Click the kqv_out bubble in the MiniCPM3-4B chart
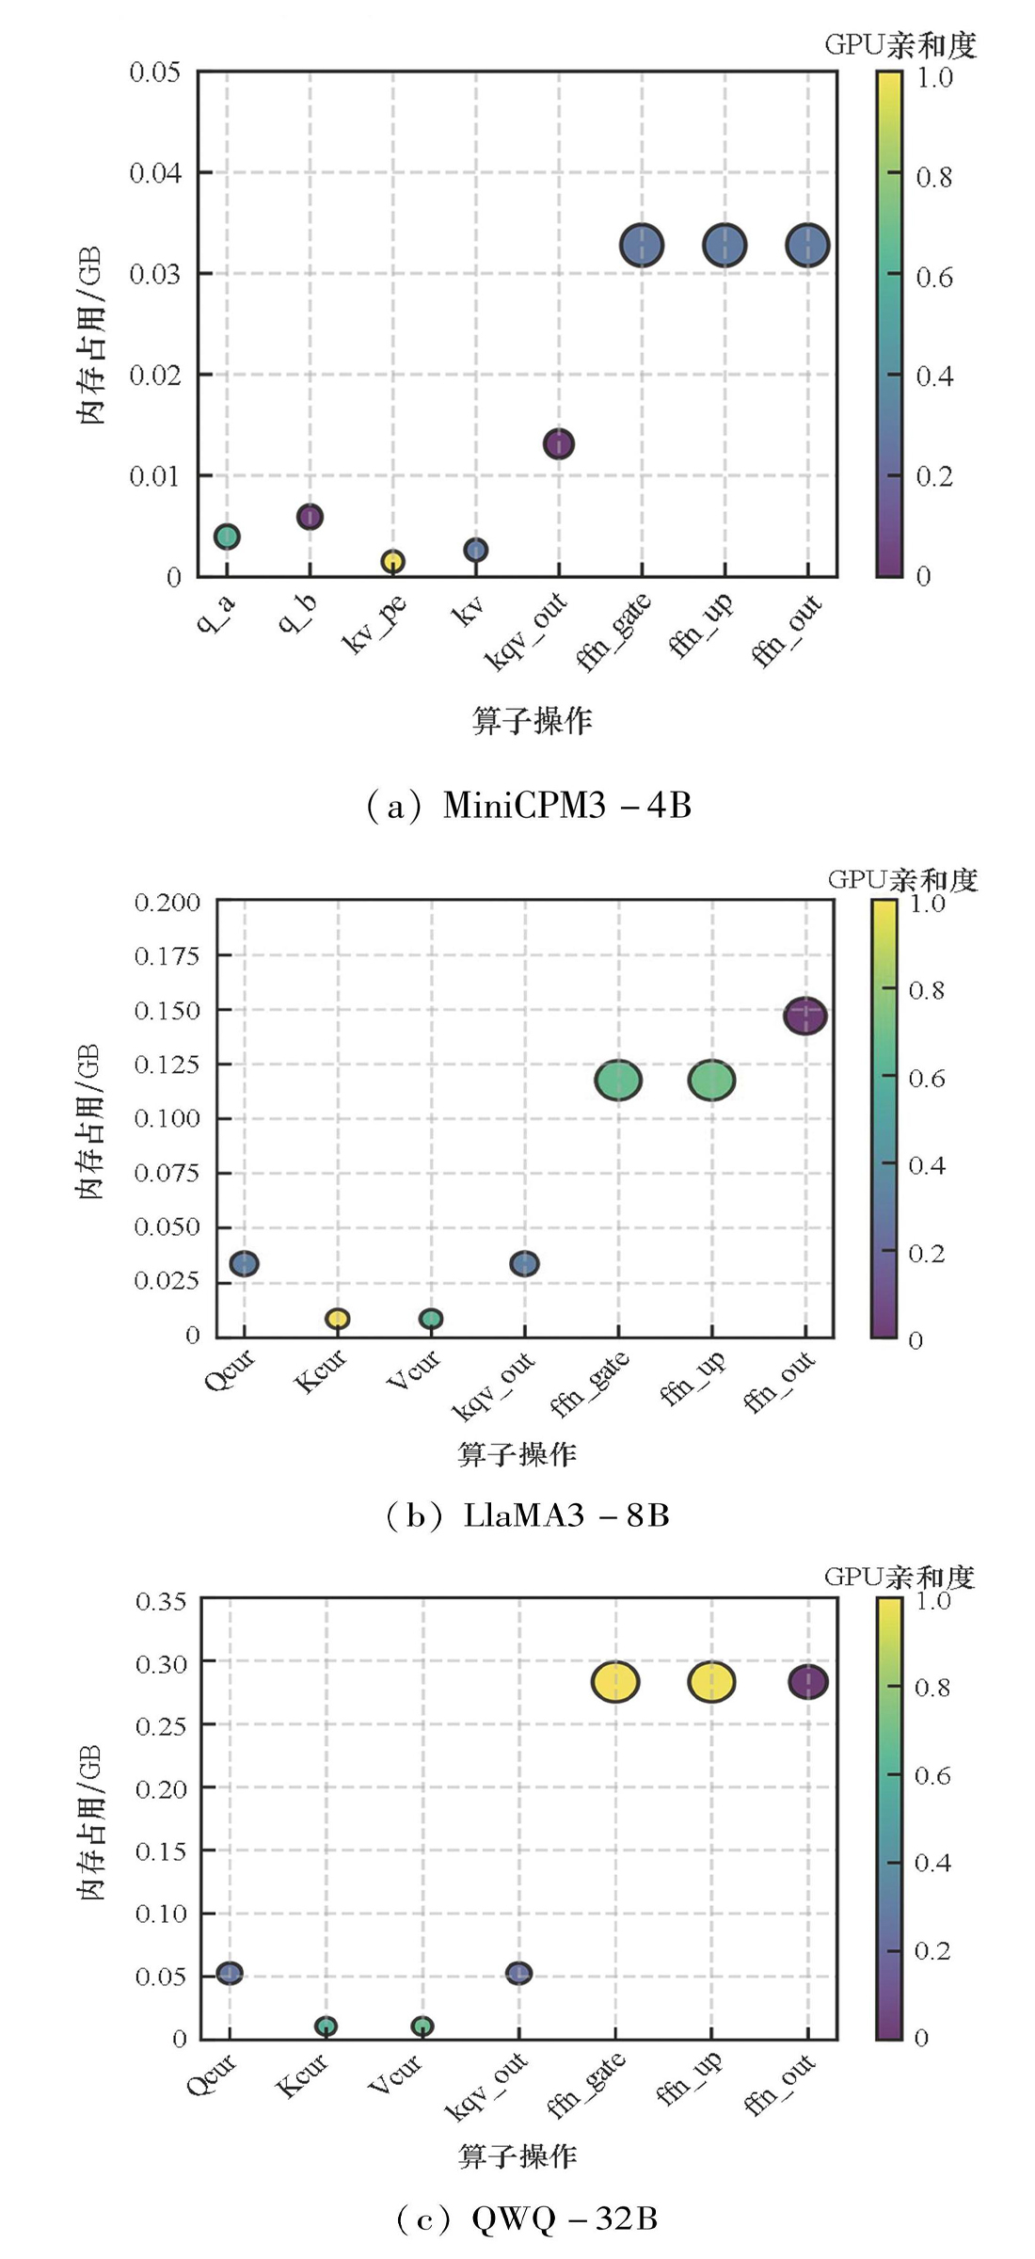tap(559, 443)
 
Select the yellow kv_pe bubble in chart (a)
tap(392, 561)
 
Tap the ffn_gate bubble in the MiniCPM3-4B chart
tap(642, 246)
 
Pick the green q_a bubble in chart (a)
tap(227, 537)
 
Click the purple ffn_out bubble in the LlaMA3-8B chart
tap(805, 1016)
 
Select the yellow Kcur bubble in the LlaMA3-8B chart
tap(337, 1319)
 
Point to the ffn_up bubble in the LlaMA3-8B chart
tap(711, 1080)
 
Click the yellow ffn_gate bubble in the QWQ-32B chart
tap(615, 1681)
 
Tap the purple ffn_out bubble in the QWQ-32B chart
tap(807, 1681)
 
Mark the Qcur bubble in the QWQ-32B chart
tap(230, 1973)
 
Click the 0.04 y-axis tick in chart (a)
tap(154, 173)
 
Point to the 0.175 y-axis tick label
tap(167, 956)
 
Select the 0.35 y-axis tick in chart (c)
tap(161, 1601)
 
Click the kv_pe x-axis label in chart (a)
tap(374, 623)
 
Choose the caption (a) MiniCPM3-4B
tap(529, 806)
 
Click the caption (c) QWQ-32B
tap(527, 2219)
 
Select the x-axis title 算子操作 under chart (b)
tap(517, 1454)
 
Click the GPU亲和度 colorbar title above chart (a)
tap(900, 44)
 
